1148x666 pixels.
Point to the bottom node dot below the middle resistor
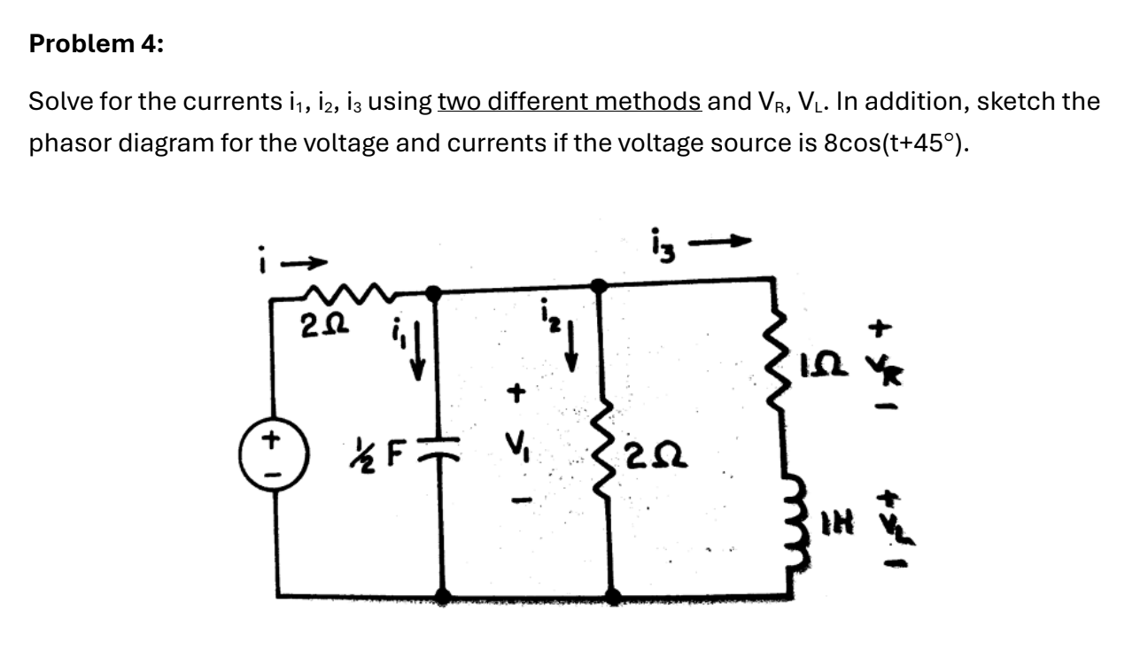[611, 595]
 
